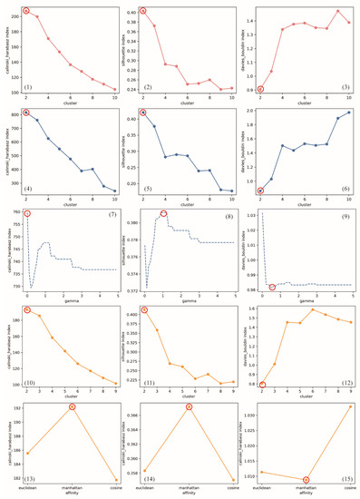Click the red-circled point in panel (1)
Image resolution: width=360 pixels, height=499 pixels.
(26, 11)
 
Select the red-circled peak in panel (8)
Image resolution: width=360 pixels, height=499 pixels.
(164, 213)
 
